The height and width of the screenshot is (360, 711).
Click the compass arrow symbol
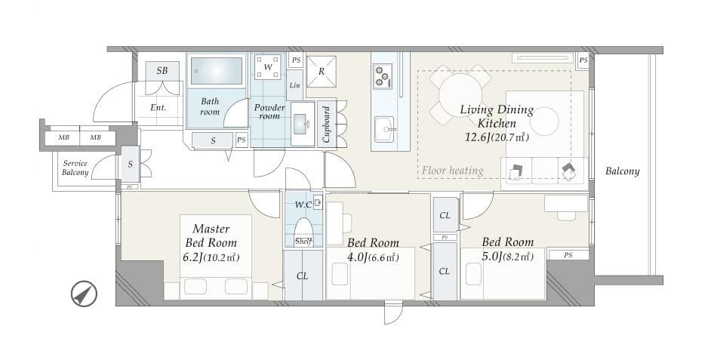85,294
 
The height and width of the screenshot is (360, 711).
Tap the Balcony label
623,171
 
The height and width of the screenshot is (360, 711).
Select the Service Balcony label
75,168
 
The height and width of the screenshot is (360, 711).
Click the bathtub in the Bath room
217,71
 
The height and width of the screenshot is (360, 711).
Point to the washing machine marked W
269,67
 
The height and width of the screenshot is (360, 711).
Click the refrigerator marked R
322,71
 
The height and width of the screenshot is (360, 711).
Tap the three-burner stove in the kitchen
382,76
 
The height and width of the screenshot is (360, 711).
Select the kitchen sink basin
384,129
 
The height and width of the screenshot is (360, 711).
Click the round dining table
460,94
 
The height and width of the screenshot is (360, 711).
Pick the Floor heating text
453,171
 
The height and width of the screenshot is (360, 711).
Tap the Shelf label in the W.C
303,242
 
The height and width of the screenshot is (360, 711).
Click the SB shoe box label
162,71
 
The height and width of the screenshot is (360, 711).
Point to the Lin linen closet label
294,85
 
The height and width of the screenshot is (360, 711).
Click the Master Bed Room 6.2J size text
211,257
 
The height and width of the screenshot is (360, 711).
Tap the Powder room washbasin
303,123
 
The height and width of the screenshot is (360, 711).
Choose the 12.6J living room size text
497,137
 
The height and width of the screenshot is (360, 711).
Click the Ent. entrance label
159,108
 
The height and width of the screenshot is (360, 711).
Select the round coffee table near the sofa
544,121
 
